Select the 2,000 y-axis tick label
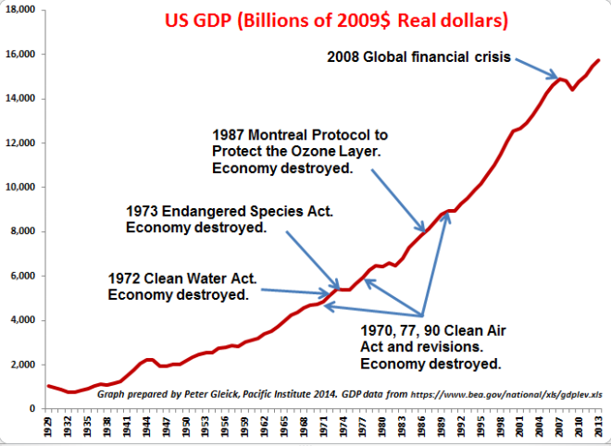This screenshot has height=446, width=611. [21, 365]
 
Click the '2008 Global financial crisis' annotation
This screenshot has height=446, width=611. [418, 56]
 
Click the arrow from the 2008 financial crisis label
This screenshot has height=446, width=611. [532, 68]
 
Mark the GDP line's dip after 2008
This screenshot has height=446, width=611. [572, 89]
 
